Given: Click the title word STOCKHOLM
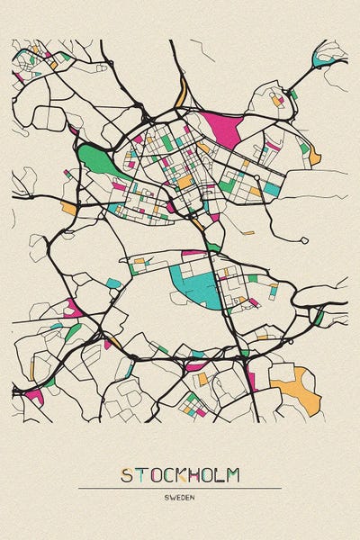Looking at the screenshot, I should pos(180,474).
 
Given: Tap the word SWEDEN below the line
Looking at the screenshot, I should pos(180,497).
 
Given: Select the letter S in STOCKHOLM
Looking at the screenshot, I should pos(127,474).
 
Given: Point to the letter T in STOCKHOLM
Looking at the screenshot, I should pos(140,474).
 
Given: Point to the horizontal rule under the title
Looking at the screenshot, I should pos(180,488).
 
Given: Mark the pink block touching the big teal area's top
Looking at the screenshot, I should pos(194,254).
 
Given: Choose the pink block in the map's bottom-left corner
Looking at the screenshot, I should pos(34,394).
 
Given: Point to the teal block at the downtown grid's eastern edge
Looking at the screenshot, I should pos(270,189).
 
